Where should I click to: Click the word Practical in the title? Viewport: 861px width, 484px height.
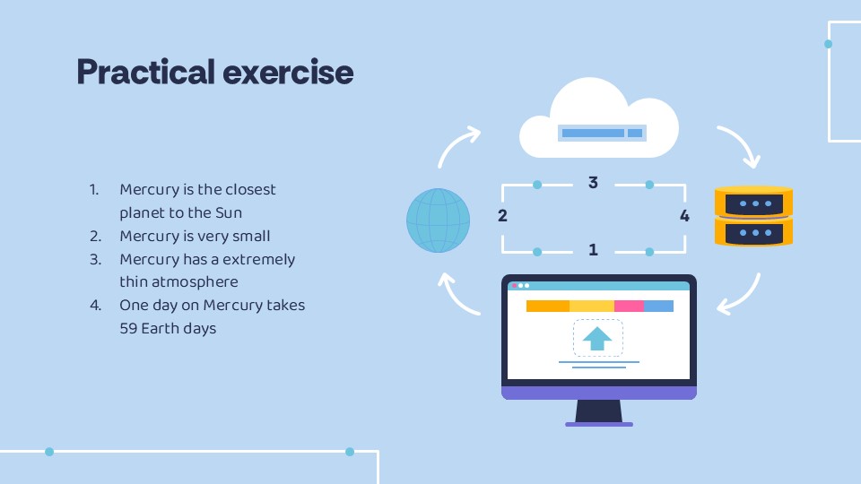click(143, 72)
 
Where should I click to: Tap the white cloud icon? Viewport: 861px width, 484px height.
click(599, 121)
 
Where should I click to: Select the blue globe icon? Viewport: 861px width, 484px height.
click(438, 220)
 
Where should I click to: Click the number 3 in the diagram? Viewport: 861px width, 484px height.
click(593, 183)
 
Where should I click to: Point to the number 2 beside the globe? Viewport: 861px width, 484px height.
click(502, 216)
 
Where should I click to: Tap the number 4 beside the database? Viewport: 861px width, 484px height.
click(684, 216)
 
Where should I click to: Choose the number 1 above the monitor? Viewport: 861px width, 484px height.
click(593, 250)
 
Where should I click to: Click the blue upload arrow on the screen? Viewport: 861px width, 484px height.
click(597, 338)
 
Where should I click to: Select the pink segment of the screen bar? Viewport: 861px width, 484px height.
click(629, 307)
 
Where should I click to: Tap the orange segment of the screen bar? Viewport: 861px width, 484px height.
click(547, 307)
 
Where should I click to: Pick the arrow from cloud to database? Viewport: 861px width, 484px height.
click(741, 145)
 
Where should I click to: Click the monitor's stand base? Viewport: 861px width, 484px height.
click(598, 423)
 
